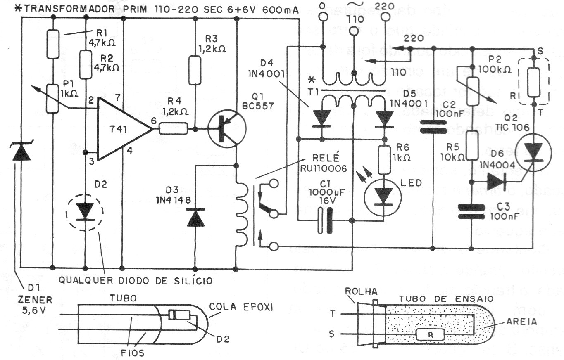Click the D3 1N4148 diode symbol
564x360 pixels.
point(195,218)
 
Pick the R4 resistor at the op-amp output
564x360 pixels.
point(172,129)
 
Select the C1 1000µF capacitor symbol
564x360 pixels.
point(325,221)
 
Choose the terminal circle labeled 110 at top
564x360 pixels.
point(354,31)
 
